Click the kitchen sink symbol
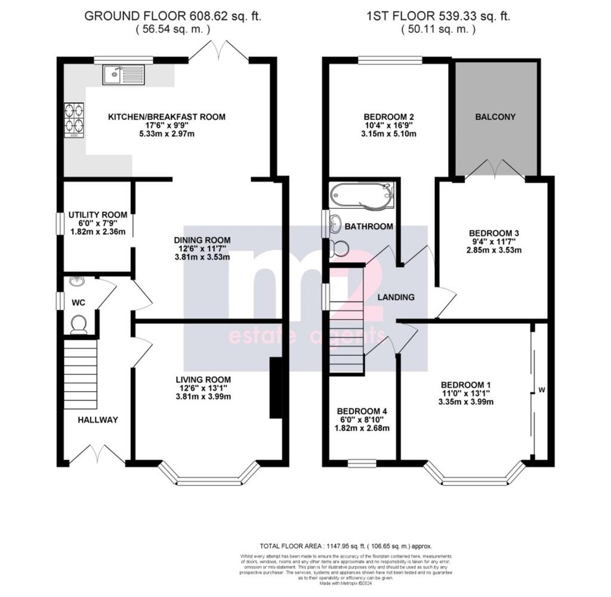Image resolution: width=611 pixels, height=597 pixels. [x=123, y=75]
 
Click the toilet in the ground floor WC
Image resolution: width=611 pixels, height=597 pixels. [x=79, y=324]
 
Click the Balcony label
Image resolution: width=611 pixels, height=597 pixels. [x=495, y=117]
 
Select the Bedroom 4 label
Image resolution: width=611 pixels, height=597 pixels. [x=362, y=411]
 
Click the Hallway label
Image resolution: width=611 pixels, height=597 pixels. [x=98, y=420]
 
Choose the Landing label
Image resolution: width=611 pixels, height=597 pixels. [x=396, y=297]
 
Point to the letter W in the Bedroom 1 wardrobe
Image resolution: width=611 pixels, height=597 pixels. [x=542, y=390]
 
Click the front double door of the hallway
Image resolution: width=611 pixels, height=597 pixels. [x=97, y=455]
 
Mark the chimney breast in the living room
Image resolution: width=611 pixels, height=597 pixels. [x=276, y=388]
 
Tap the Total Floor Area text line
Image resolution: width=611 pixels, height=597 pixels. [x=345, y=546]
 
